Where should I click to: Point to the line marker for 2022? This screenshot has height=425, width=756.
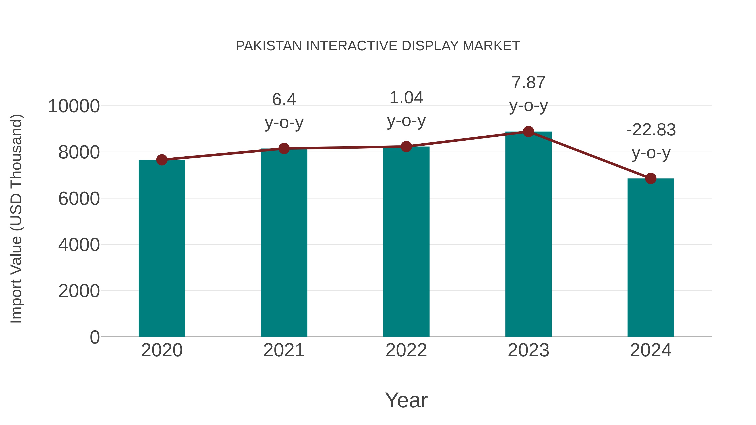[x=406, y=146]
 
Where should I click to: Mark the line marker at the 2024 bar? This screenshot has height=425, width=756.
[x=651, y=178]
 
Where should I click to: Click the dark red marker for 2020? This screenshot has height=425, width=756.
[x=162, y=160]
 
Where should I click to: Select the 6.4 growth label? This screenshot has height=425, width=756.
[x=284, y=99]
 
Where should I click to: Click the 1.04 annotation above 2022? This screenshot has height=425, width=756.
[x=406, y=98]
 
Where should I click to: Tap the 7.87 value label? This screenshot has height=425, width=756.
[x=528, y=82]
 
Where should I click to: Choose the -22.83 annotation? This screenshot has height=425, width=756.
[x=651, y=130]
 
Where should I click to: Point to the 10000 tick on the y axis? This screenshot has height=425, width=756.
[x=74, y=106]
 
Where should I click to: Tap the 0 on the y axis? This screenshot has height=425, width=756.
[x=95, y=337]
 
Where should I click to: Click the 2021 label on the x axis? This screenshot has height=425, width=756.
[x=284, y=350]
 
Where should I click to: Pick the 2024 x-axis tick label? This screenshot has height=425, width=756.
[x=651, y=350]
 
